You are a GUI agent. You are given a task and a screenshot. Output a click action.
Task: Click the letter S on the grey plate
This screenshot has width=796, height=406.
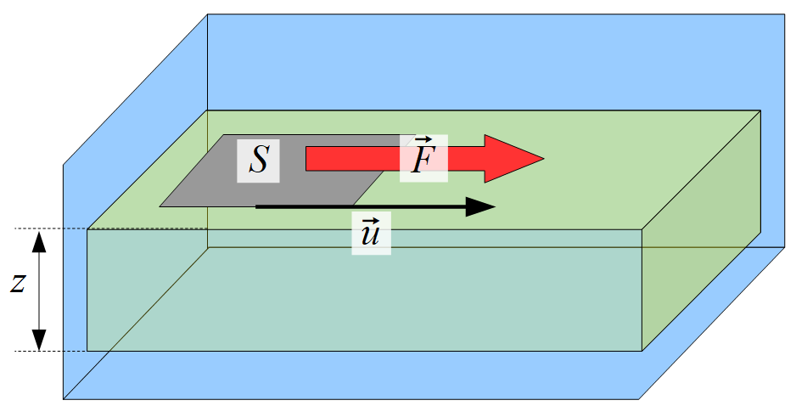(x=258, y=160)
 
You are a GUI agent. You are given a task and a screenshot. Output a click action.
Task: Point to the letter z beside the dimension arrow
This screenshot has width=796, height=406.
(x=17, y=284)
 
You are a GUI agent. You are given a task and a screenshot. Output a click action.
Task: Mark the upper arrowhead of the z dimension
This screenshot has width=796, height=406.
(x=39, y=241)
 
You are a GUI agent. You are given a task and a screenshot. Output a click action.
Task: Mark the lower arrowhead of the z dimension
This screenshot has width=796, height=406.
(x=39, y=340)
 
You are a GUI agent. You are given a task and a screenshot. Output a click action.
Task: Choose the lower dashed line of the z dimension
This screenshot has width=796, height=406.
(x=51, y=351)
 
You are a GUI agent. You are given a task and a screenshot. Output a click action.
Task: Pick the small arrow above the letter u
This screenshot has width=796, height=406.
(x=371, y=220)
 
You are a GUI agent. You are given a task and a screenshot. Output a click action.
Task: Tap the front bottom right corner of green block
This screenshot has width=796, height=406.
(x=642, y=351)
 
